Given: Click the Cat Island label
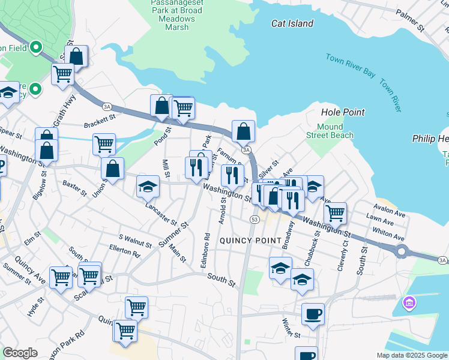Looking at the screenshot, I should pyautogui.click(x=292, y=23).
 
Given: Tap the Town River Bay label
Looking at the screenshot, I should pyautogui.click(x=350, y=65).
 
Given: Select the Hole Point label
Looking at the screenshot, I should pyautogui.click(x=343, y=112).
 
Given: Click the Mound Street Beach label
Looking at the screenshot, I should pyautogui.click(x=334, y=131).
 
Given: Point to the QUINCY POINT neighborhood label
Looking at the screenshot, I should pyautogui.click(x=250, y=241).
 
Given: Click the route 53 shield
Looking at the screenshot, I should pyautogui.click(x=255, y=220).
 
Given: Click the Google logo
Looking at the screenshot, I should pyautogui.click(x=20, y=353).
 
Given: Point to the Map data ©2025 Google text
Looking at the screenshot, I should pyautogui.click(x=411, y=355).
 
